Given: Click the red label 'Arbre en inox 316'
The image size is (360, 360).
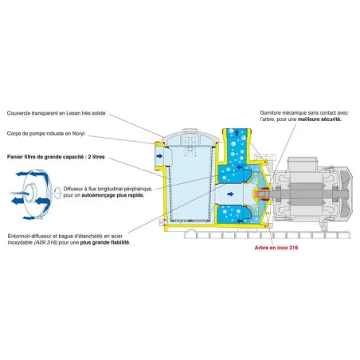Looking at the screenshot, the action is point(276,248).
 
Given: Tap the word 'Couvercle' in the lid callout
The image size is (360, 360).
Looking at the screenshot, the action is point(18,113).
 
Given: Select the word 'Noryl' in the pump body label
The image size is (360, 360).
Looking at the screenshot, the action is point(78,134).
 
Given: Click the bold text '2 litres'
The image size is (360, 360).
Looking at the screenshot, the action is point(96,157).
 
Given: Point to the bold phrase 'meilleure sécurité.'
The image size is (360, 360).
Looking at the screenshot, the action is point(319,119).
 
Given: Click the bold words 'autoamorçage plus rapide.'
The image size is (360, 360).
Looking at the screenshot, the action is point(113,195).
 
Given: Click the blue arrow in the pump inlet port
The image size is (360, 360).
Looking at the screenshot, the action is point(159,156).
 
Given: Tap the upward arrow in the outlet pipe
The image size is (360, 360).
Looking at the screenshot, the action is point(237,132).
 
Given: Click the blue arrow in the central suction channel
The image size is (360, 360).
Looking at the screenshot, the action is point(230,194).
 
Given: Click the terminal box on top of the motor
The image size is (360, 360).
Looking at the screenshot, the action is point(303,163).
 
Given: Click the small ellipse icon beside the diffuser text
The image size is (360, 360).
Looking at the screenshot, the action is point(57,193).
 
